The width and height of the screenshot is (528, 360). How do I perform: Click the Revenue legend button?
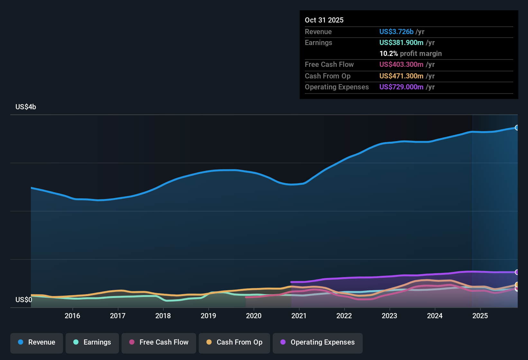37,342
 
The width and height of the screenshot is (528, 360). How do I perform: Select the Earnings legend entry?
92,342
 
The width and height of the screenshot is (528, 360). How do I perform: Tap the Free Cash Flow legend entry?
159,342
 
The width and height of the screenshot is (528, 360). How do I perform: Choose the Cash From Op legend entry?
234,342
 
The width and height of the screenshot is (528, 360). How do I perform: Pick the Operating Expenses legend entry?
318,342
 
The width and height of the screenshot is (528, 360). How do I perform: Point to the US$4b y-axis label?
26,107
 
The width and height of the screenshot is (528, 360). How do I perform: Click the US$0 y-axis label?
24,300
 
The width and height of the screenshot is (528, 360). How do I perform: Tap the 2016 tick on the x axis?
72,316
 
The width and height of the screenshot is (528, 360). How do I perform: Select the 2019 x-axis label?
208,316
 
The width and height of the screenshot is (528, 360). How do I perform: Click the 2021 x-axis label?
299,316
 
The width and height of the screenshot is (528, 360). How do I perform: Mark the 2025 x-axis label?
480,316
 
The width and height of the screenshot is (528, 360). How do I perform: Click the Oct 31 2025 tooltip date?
324,20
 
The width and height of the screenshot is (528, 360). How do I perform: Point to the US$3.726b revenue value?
396,32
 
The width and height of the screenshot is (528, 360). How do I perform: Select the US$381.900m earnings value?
401,43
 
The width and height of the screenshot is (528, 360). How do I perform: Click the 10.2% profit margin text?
411,54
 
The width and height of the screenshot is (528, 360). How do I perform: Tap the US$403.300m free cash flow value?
401,65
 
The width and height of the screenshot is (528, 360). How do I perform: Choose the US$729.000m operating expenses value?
401,87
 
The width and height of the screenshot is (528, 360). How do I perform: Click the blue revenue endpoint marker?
517,128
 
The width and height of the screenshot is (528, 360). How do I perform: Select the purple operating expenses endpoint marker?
517,272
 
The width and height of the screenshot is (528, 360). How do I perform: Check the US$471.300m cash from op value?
401,76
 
